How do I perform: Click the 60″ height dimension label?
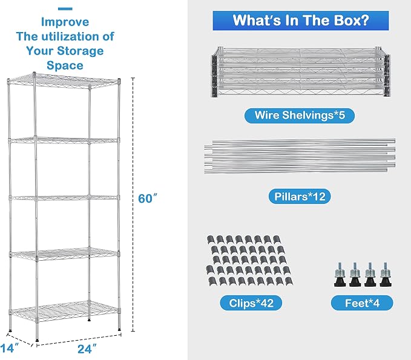[148, 198]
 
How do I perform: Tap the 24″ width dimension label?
[87, 349]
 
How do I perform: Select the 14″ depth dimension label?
[10, 348]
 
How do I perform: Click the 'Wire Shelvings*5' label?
[300, 116]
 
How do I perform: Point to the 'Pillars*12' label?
[300, 196]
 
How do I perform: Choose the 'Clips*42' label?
[251, 303]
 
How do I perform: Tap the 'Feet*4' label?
[362, 303]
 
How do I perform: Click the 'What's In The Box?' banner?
[301, 21]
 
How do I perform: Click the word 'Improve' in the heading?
[65, 22]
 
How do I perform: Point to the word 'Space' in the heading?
[65, 65]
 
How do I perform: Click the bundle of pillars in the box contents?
[300, 156]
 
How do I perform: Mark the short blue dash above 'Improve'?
[65, 9]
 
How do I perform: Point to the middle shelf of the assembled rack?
[64, 197]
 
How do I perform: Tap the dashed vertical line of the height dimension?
[133, 205]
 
